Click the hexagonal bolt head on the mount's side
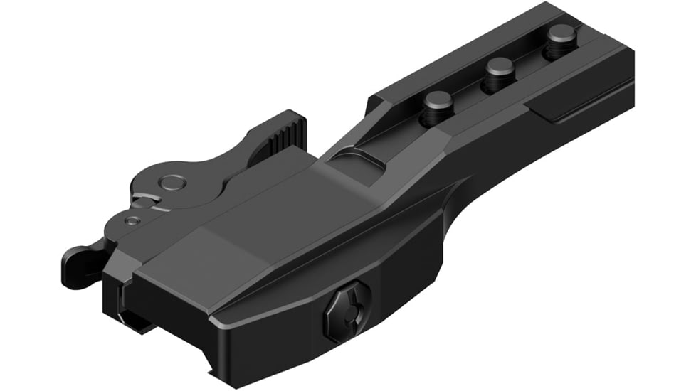tap(347, 311)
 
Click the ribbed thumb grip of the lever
tap(288, 133)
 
